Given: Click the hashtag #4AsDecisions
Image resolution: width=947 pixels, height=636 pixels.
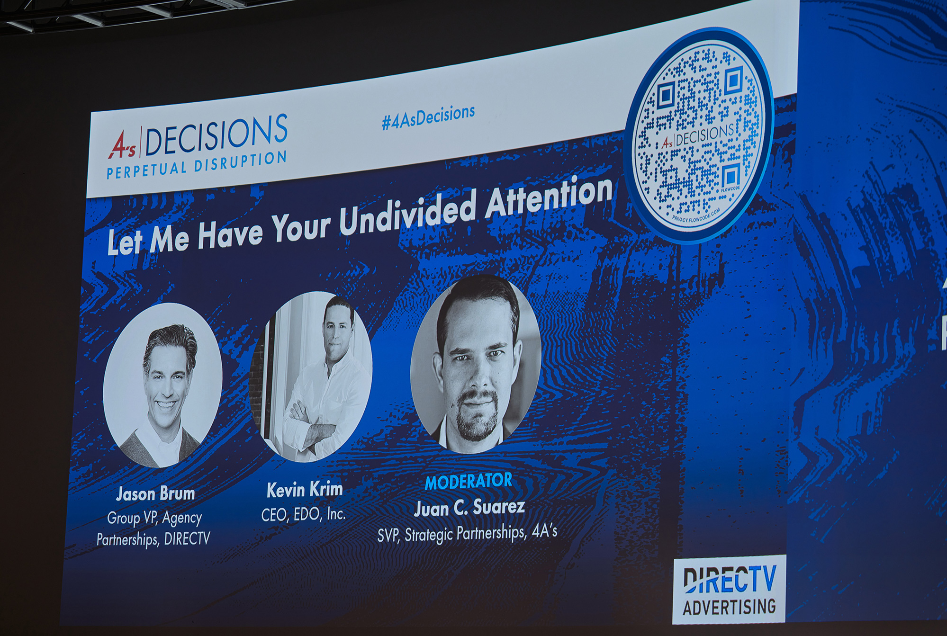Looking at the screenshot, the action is (428, 116).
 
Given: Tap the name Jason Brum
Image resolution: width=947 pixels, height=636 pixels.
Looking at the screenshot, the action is (155, 494).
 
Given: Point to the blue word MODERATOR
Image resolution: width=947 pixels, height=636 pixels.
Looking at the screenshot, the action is (469, 482).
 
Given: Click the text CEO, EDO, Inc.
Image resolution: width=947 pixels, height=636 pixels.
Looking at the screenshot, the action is (303, 514).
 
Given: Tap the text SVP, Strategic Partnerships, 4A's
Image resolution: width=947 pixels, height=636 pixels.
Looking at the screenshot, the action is (467, 534).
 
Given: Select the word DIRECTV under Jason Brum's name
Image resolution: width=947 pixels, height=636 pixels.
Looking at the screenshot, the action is (187, 539).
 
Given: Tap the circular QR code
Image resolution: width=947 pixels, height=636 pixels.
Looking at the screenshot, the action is (699, 135).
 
